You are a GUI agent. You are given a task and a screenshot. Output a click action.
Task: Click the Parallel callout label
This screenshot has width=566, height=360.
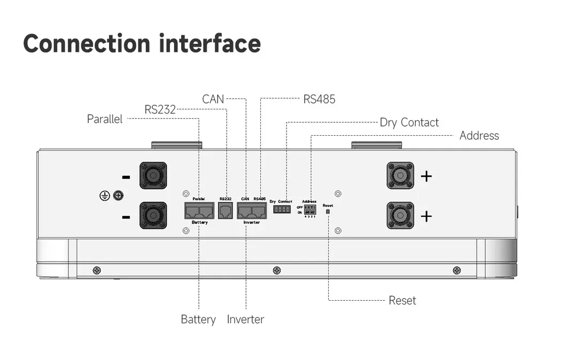tap(105, 119)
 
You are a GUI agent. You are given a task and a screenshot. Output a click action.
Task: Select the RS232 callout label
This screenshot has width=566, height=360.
tap(160, 109)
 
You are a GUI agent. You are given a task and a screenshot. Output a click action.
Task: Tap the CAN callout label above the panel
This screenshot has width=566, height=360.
tap(213, 99)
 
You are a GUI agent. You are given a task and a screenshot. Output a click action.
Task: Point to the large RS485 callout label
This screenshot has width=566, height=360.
tap(319, 99)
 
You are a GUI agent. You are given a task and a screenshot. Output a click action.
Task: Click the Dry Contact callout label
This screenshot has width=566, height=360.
tap(409, 122)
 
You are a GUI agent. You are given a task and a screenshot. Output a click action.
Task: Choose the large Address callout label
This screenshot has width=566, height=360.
tap(479, 136)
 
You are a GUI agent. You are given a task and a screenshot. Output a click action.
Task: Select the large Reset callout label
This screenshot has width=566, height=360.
tap(402, 300)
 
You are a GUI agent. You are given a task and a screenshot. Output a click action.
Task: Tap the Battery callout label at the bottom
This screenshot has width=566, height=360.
tap(198, 319)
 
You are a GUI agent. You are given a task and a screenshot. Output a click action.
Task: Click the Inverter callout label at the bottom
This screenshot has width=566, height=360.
tap(245, 319)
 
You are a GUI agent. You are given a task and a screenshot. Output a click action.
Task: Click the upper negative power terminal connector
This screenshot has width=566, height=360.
tap(153, 175)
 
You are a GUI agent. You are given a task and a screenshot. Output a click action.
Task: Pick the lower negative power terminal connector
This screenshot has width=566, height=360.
tap(153, 215)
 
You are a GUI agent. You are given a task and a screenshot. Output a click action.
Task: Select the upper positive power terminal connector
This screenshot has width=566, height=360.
tap(400, 175)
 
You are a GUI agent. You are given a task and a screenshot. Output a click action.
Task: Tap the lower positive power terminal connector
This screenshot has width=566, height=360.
tap(400, 215)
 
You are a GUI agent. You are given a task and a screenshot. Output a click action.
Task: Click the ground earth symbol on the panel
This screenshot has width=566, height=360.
tap(105, 195)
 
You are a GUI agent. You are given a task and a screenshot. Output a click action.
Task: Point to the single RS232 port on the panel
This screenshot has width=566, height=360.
tap(226, 210)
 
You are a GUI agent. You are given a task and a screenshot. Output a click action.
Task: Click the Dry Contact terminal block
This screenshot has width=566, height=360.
tap(282, 209)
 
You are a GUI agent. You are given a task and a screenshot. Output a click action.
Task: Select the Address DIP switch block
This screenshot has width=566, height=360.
tap(309, 210)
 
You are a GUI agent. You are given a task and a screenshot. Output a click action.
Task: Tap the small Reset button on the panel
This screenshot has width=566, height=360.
tap(328, 212)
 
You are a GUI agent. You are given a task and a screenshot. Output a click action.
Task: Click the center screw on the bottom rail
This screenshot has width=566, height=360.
tap(276, 270)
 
